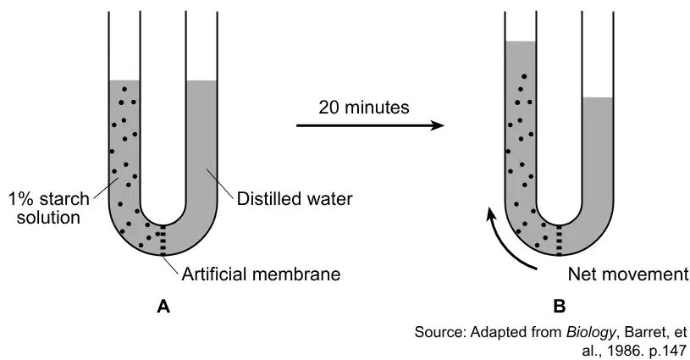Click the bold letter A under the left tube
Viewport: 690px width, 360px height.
[163, 306]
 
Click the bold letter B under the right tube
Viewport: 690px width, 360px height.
[560, 306]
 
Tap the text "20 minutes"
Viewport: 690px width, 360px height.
[364, 108]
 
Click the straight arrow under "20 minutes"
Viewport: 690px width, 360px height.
[370, 125]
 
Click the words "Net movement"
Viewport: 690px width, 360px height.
[628, 274]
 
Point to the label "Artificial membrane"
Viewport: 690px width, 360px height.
[261, 274]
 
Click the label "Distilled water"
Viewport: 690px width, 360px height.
[295, 199]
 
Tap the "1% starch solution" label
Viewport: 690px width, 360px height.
[49, 208]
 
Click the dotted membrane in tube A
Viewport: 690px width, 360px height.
[163, 240]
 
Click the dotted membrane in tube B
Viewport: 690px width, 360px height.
[560, 240]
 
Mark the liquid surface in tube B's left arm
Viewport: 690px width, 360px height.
[521, 42]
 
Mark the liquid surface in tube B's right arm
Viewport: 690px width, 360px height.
[597, 97]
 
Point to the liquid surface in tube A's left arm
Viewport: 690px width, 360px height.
[124, 80]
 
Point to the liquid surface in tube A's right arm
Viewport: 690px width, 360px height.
[201, 80]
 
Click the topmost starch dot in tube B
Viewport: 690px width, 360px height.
[524, 76]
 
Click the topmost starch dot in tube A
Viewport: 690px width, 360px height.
[124, 89]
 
